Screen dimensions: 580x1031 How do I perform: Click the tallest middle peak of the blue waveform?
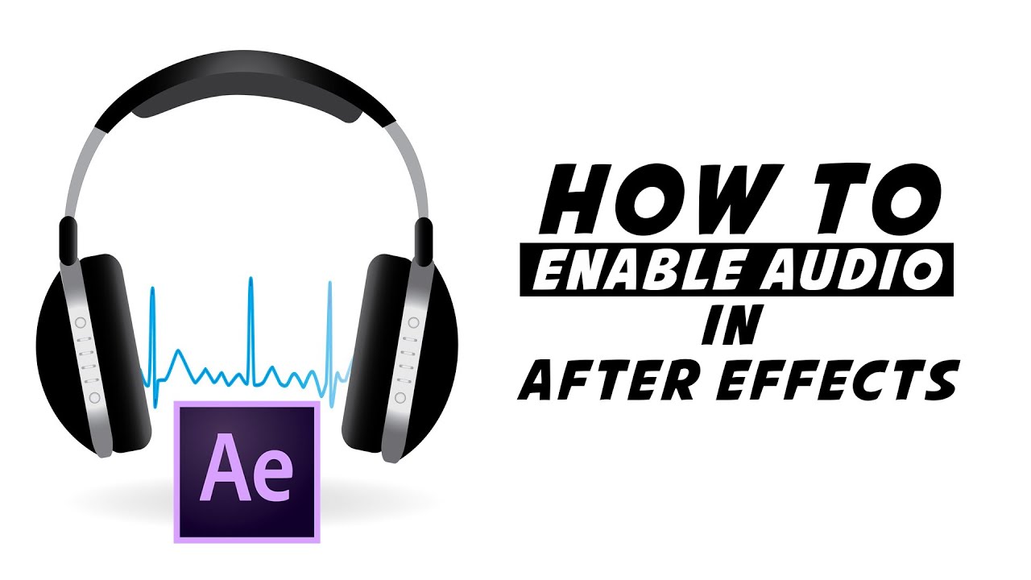tap(251, 282)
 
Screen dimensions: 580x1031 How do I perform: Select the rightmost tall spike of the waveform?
tap(329, 286)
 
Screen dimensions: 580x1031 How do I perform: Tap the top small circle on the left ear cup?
tap(81, 322)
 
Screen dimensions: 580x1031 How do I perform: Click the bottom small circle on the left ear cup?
tap(94, 397)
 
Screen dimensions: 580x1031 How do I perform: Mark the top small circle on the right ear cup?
tap(413, 322)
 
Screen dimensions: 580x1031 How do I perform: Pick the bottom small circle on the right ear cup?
tap(400, 397)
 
